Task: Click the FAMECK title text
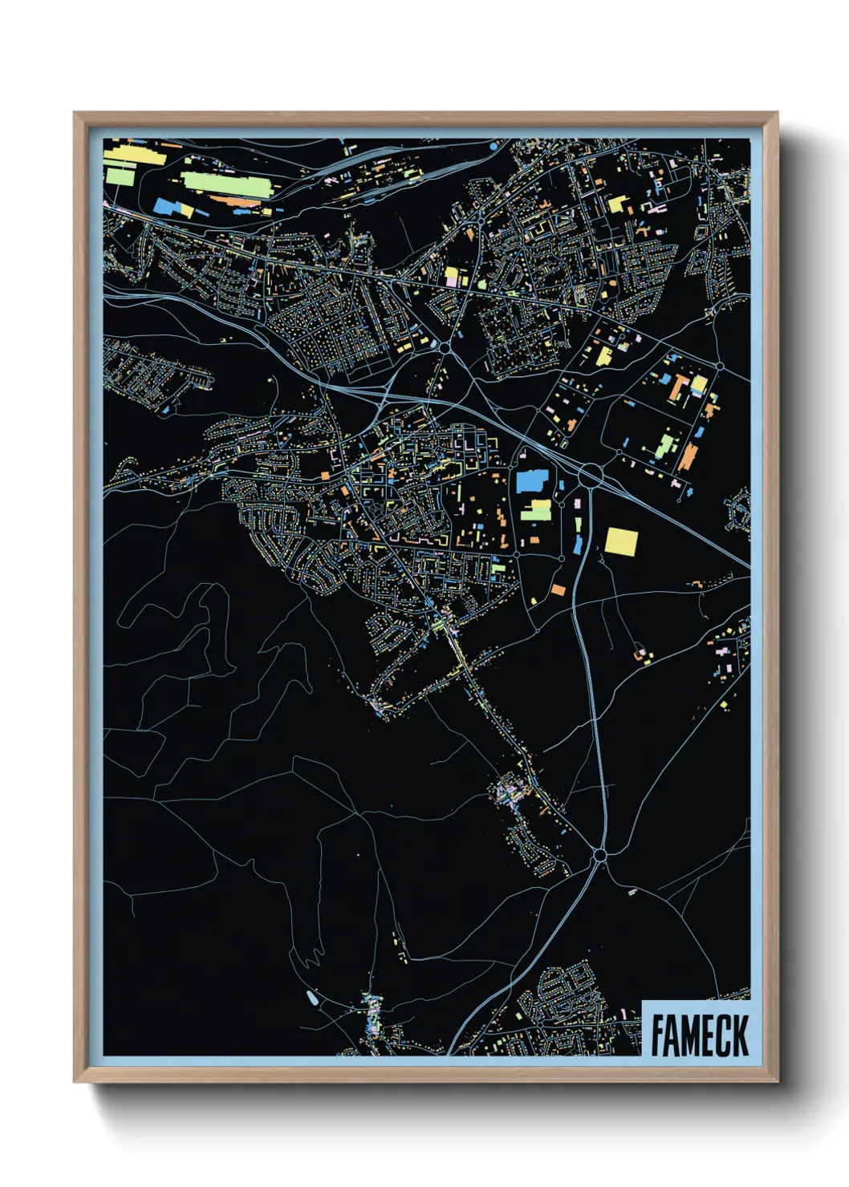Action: pyautogui.click(x=699, y=1035)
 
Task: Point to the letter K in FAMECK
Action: pyautogui.click(x=740, y=1035)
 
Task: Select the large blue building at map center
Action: pyautogui.click(x=530, y=481)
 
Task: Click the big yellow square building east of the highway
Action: pyautogui.click(x=621, y=541)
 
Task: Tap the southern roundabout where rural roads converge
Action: pyautogui.click(x=599, y=857)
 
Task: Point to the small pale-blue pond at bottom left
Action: pyautogui.click(x=311, y=999)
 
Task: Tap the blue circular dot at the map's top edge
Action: pyautogui.click(x=493, y=147)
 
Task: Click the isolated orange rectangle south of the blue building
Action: pyautogui.click(x=558, y=590)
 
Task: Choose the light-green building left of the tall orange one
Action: pyautogui.click(x=663, y=445)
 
